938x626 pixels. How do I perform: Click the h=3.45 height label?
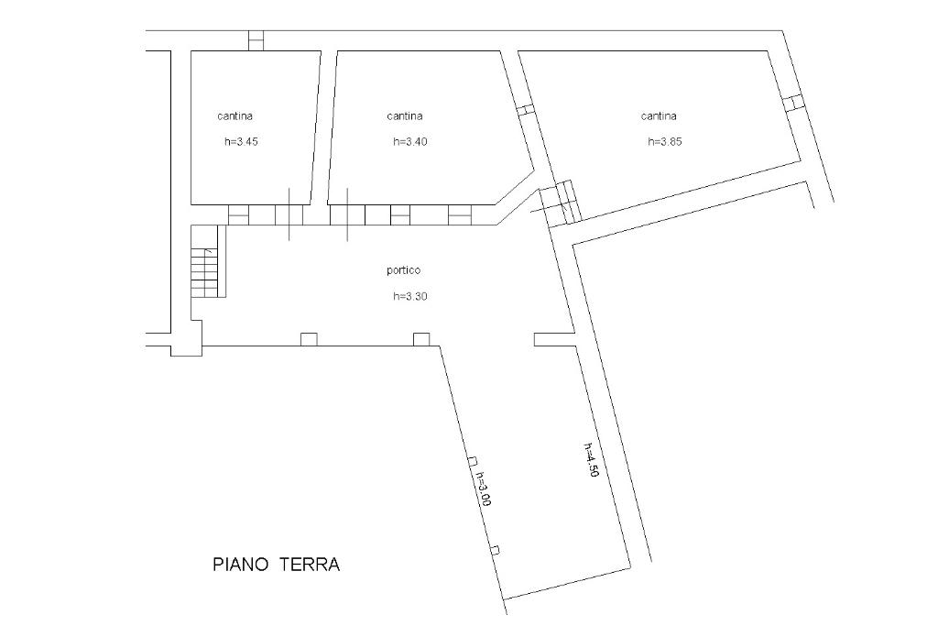point(241,142)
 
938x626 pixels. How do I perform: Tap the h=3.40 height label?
point(409,142)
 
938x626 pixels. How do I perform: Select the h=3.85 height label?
point(665,142)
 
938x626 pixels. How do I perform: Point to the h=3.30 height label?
point(409,296)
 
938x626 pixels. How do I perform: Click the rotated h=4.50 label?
point(591,459)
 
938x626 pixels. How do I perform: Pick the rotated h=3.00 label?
point(483,489)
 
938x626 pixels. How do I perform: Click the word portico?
point(404,270)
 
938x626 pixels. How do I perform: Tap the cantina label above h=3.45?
point(234,116)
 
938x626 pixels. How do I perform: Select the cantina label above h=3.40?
point(404,116)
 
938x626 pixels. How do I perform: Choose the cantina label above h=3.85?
point(659,116)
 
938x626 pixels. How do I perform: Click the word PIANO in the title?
point(239,565)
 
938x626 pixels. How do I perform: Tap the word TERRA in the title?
point(310,565)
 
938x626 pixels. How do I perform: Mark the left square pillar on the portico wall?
point(309,339)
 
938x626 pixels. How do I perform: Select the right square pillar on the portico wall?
point(421,339)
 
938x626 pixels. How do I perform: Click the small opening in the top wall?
point(256,40)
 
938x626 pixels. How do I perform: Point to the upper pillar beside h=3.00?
point(473,461)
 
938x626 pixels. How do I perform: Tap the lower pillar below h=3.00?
point(495,551)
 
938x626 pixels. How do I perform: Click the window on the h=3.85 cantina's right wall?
point(792,103)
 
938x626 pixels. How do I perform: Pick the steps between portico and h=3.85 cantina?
point(561,203)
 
